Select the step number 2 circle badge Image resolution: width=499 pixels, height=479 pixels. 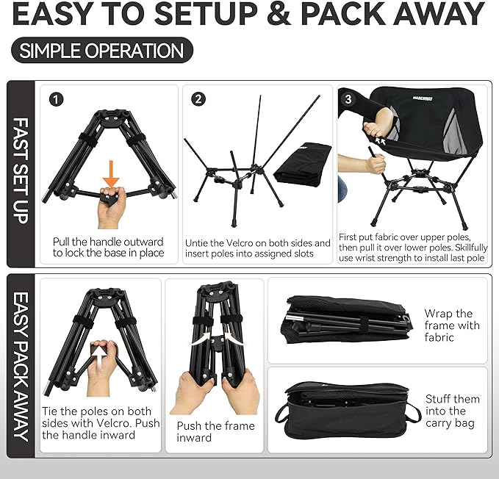(198, 99)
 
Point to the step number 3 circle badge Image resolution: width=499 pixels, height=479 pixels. (347, 98)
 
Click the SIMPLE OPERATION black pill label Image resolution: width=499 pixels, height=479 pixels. (102, 51)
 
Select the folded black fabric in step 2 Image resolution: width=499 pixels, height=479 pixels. (302, 163)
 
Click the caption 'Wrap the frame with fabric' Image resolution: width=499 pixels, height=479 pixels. (451, 325)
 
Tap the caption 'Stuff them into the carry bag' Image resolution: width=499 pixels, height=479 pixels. (452, 411)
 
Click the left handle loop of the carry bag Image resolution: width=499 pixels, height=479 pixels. (281, 414)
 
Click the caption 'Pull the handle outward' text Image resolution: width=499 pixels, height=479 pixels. (108, 242)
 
